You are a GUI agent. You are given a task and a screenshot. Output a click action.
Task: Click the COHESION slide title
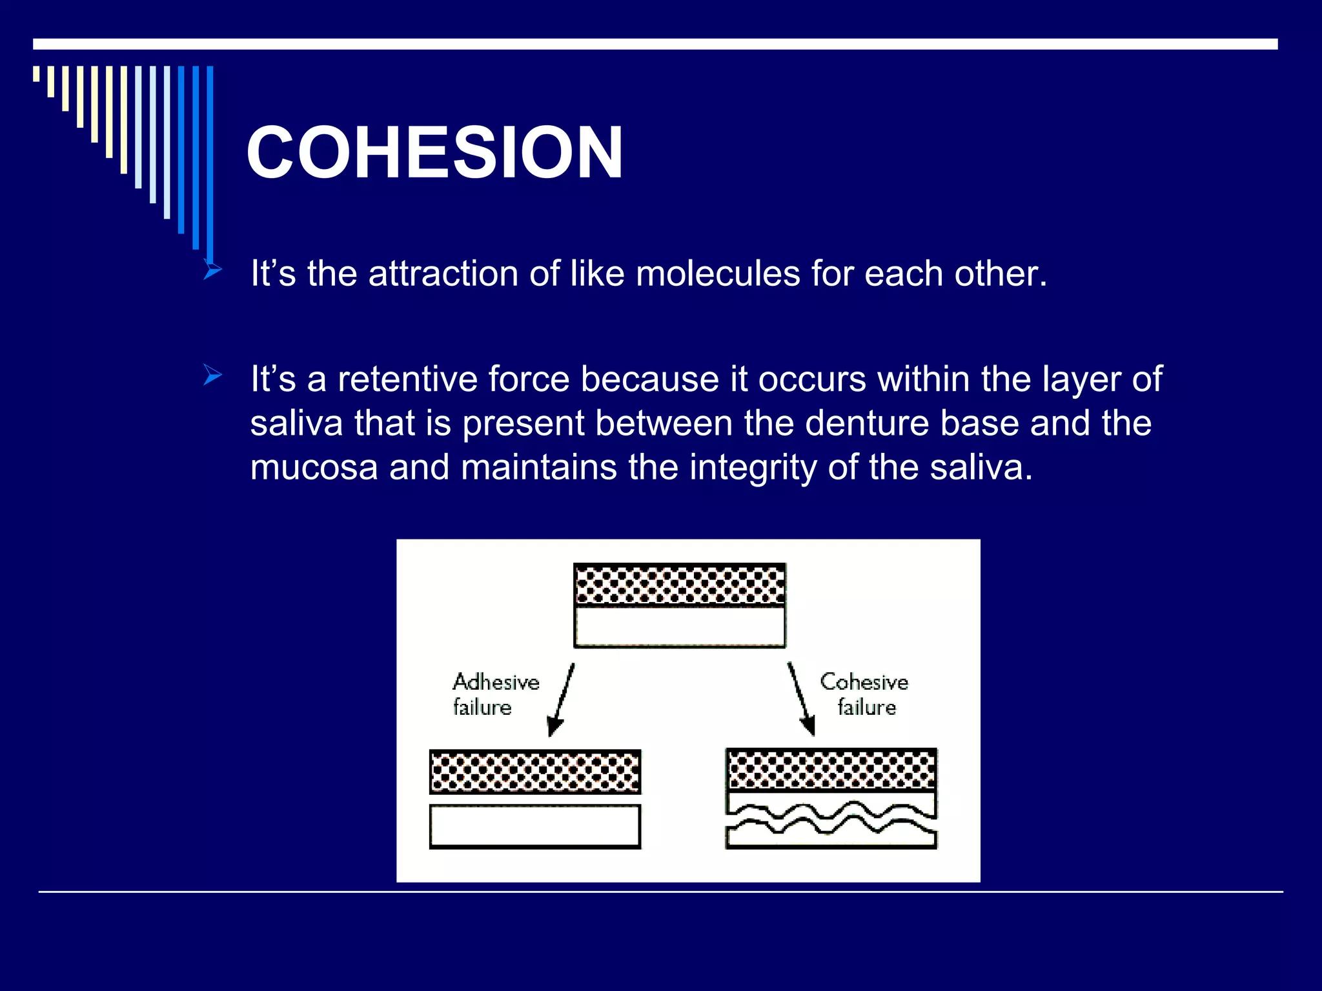pyautogui.click(x=434, y=153)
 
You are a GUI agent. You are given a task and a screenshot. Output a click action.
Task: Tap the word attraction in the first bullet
pyautogui.click(x=443, y=274)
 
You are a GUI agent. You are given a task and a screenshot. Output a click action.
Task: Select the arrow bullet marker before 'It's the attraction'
pyautogui.click(x=212, y=269)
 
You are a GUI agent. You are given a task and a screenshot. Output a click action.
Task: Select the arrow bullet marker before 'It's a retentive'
pyautogui.click(x=212, y=375)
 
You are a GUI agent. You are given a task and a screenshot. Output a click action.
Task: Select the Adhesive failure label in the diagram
pyautogui.click(x=495, y=694)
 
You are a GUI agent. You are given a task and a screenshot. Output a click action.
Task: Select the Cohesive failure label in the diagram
pyautogui.click(x=864, y=694)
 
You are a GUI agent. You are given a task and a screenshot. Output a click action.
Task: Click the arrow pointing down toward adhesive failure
pyautogui.click(x=560, y=701)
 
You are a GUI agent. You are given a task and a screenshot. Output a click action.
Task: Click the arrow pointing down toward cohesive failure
pyautogui.click(x=801, y=699)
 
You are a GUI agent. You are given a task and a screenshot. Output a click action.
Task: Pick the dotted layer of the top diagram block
pyautogui.click(x=680, y=585)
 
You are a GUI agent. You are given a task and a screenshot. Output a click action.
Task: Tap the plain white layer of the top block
pyautogui.click(x=680, y=626)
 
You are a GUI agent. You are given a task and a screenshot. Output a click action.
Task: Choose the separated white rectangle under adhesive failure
pyautogui.click(x=535, y=826)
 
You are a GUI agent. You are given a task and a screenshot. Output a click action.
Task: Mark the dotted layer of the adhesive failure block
pyautogui.click(x=535, y=772)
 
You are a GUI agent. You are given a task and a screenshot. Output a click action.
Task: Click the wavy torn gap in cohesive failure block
pyautogui.click(x=831, y=819)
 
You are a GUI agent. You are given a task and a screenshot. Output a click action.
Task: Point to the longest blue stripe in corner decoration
pyautogui.click(x=210, y=161)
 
